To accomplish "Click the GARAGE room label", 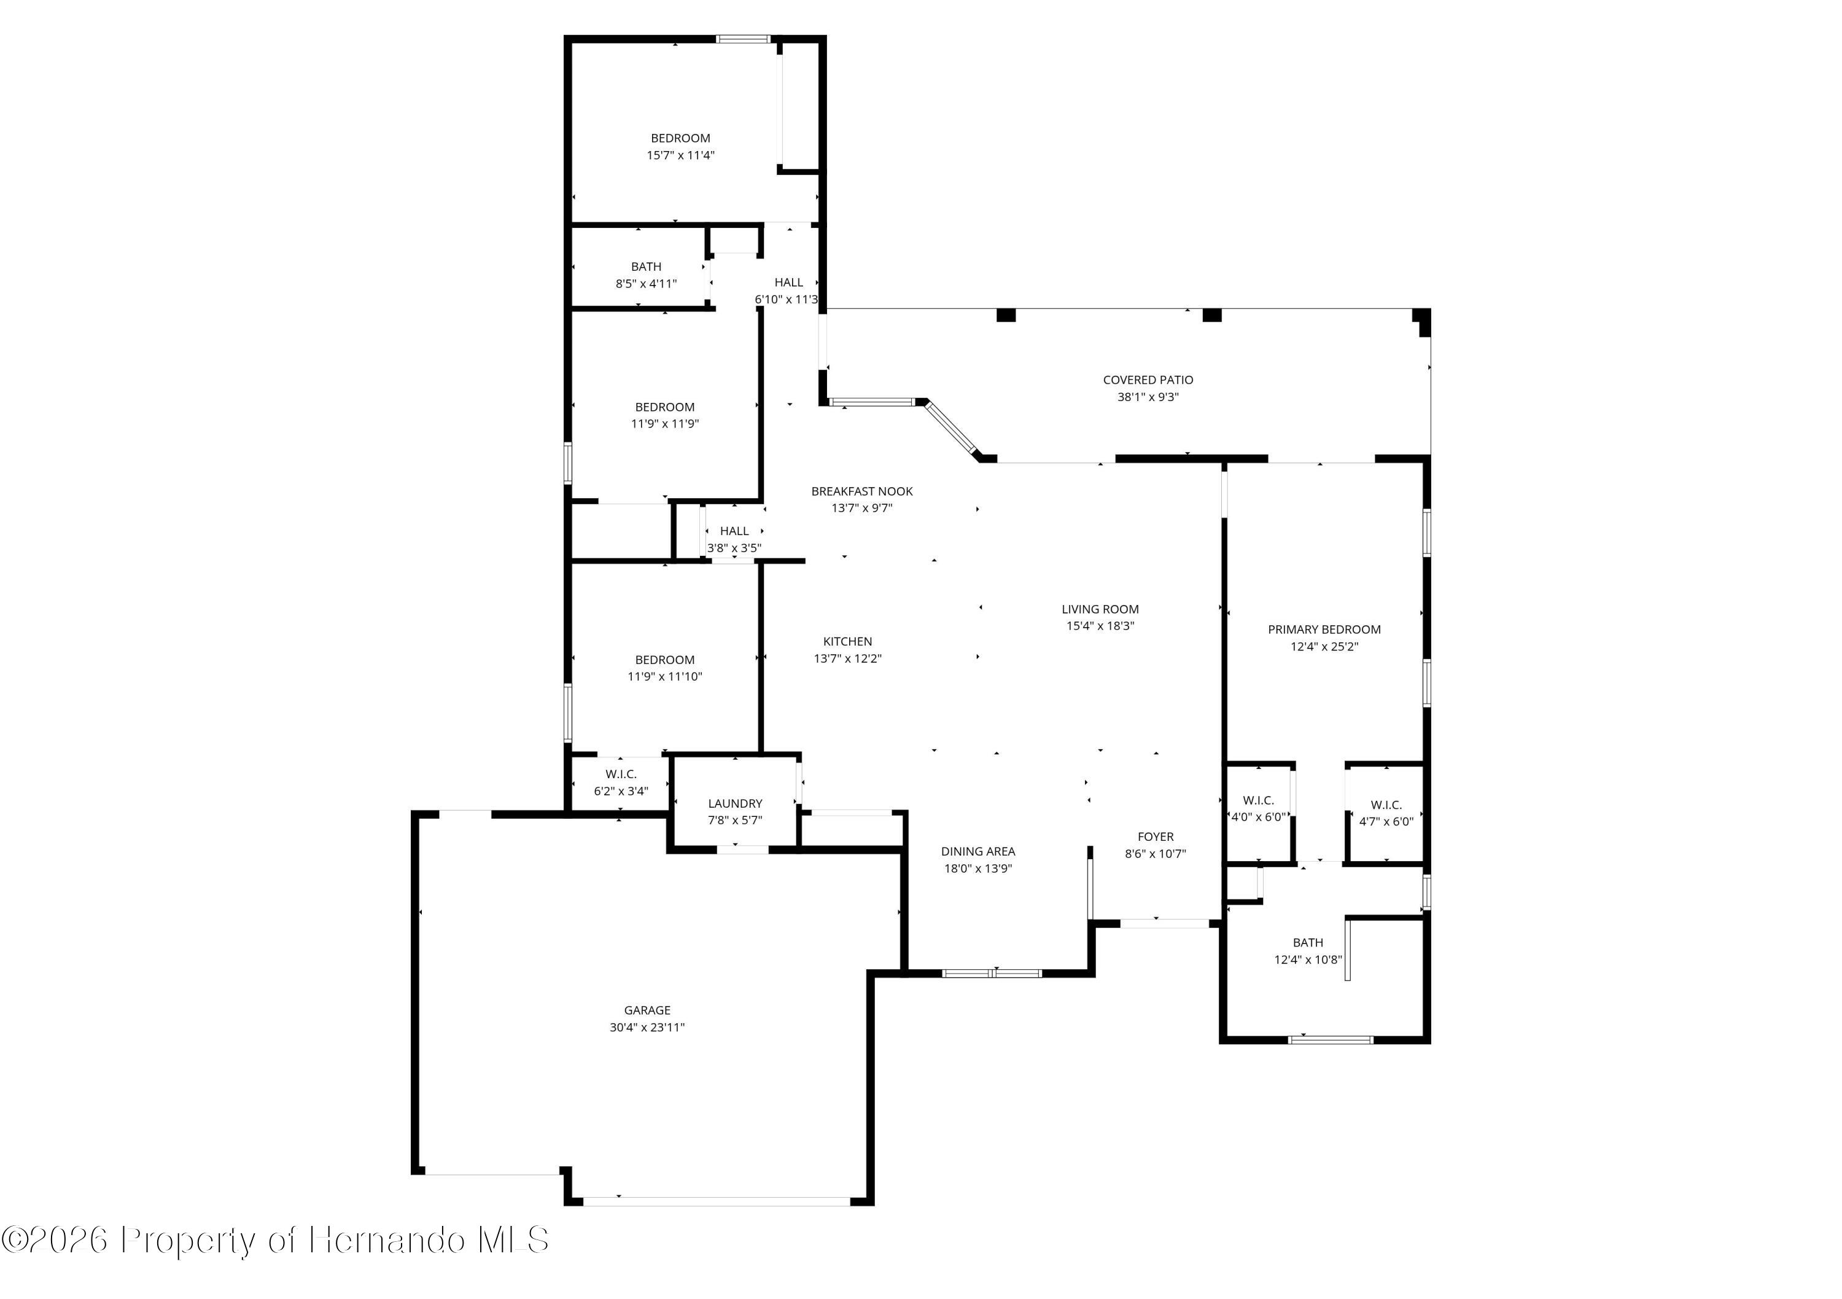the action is pyautogui.click(x=647, y=1010).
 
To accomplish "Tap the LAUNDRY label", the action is pyautogui.click(x=735, y=803).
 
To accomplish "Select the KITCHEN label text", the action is pyautogui.click(x=847, y=641).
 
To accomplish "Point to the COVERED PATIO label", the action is pyautogui.click(x=1148, y=380).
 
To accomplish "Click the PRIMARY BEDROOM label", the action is pyautogui.click(x=1324, y=629).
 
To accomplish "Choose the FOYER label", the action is pyautogui.click(x=1156, y=836).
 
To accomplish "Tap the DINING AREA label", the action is pyautogui.click(x=978, y=851).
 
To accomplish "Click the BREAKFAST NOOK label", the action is pyautogui.click(x=861, y=491).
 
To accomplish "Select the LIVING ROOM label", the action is pyautogui.click(x=1100, y=609).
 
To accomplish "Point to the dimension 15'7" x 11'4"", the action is pyautogui.click(x=680, y=155).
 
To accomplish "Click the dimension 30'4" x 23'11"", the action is pyautogui.click(x=647, y=1027).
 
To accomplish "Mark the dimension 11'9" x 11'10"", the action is pyautogui.click(x=664, y=676).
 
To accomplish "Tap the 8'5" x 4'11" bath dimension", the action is pyautogui.click(x=646, y=283).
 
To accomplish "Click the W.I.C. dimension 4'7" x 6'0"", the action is pyautogui.click(x=1386, y=821).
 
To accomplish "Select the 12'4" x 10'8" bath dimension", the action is pyautogui.click(x=1308, y=959).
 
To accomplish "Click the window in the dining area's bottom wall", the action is pyautogui.click(x=992, y=973).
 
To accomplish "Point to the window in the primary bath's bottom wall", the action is pyautogui.click(x=1330, y=1040).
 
